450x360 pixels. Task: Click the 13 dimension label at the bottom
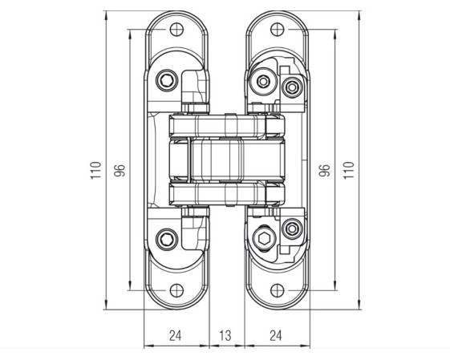225,335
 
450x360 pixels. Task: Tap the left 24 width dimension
176,335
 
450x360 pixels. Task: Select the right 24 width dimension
276,335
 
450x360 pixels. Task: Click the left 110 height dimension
95,170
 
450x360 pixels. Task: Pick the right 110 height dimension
349,170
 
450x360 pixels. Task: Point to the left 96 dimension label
120,171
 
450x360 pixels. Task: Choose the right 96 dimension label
325,171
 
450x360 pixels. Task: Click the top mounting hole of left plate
176,29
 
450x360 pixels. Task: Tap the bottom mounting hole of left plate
176,290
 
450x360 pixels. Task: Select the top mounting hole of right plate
278,29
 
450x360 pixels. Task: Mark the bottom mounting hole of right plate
278,290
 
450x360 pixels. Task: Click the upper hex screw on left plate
167,81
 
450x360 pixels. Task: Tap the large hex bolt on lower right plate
263,239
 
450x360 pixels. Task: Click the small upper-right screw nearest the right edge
292,87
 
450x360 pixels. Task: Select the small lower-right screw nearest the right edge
292,229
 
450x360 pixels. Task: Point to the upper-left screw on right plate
263,82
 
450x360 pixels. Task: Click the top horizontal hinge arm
227,127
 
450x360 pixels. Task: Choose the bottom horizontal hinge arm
227,194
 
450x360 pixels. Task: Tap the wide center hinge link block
238,160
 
